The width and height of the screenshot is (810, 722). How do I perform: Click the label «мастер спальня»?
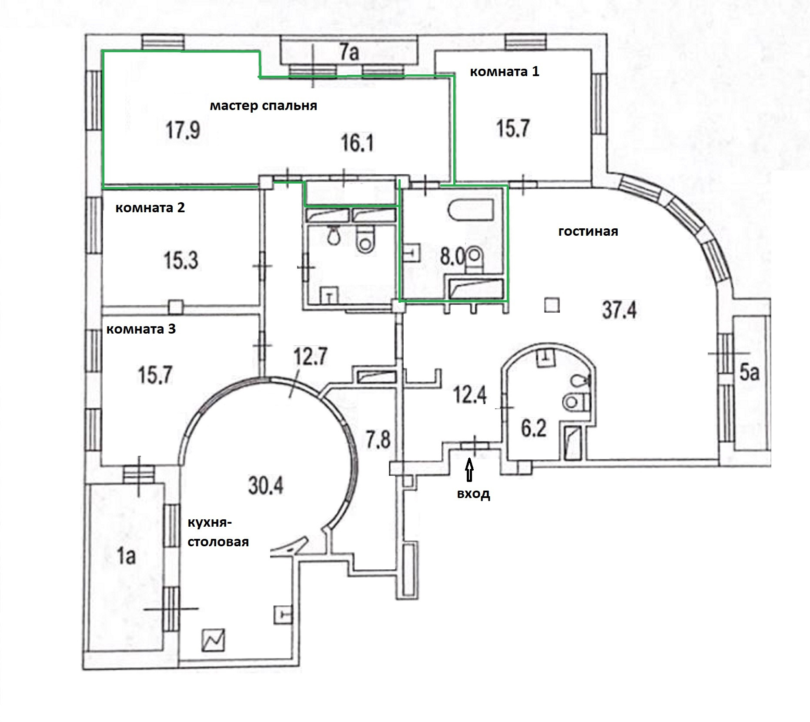click(263, 106)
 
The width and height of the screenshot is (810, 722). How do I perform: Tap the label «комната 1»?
click(504, 71)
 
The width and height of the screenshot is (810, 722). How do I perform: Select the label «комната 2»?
click(150, 207)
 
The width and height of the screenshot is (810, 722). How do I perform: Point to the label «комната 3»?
click(141, 329)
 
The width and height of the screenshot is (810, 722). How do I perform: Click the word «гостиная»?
click(588, 231)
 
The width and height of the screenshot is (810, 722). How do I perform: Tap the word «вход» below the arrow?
click(473, 494)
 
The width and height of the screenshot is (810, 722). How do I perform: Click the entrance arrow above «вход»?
click(469, 471)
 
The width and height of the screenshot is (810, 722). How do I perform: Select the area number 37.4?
click(619, 311)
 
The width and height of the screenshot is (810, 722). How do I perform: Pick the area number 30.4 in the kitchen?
click(265, 485)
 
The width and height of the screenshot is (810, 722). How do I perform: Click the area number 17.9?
click(183, 130)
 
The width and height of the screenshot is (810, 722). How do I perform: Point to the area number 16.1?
click(357, 143)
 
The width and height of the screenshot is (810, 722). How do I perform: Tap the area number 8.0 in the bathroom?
click(453, 257)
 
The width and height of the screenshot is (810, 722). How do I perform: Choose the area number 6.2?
click(534, 428)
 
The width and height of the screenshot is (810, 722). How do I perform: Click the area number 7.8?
click(378, 440)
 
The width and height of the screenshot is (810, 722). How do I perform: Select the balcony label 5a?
click(749, 373)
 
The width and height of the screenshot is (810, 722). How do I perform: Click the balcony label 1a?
click(126, 556)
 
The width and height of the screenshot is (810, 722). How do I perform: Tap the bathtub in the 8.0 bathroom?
click(471, 211)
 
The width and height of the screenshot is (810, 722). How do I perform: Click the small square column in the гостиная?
click(552, 305)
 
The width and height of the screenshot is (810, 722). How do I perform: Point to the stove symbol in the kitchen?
click(213, 640)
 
